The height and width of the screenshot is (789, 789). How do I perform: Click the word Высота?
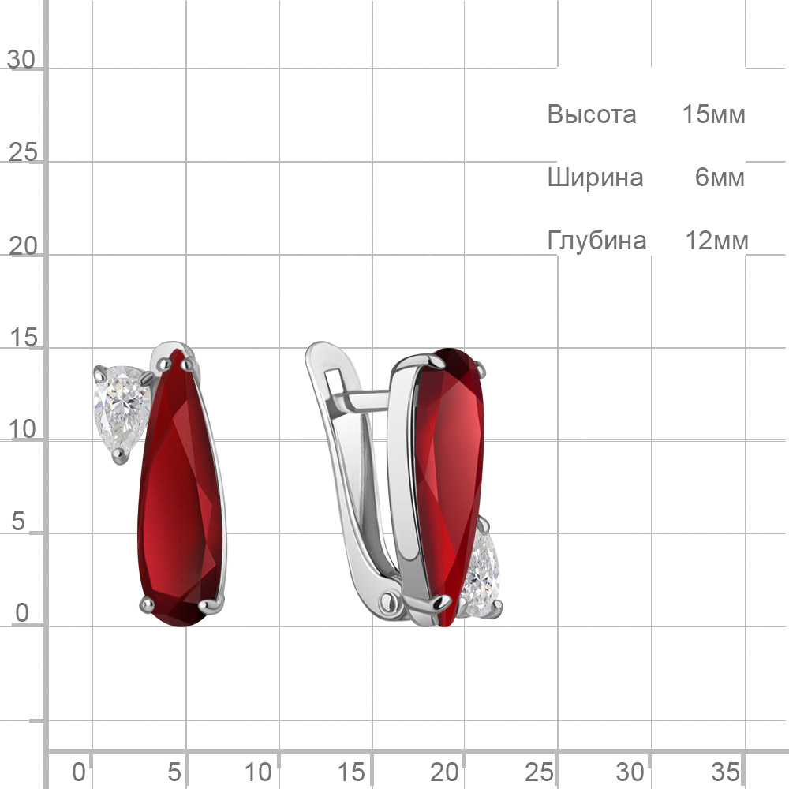coord(591,114)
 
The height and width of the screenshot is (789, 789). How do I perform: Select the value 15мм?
coord(713,114)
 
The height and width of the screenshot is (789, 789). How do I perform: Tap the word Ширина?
coord(595,178)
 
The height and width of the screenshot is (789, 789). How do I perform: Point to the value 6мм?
coord(720,178)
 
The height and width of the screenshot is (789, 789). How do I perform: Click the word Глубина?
coord(596,241)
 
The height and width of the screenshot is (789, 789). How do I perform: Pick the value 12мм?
coord(716,241)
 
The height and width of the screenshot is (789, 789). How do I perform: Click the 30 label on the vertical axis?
coord(21,61)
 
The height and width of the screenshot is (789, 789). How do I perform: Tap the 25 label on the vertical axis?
coord(23,152)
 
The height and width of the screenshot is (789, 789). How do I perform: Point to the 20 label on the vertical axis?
coord(23,246)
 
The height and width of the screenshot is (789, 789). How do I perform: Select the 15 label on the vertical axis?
coord(23,338)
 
